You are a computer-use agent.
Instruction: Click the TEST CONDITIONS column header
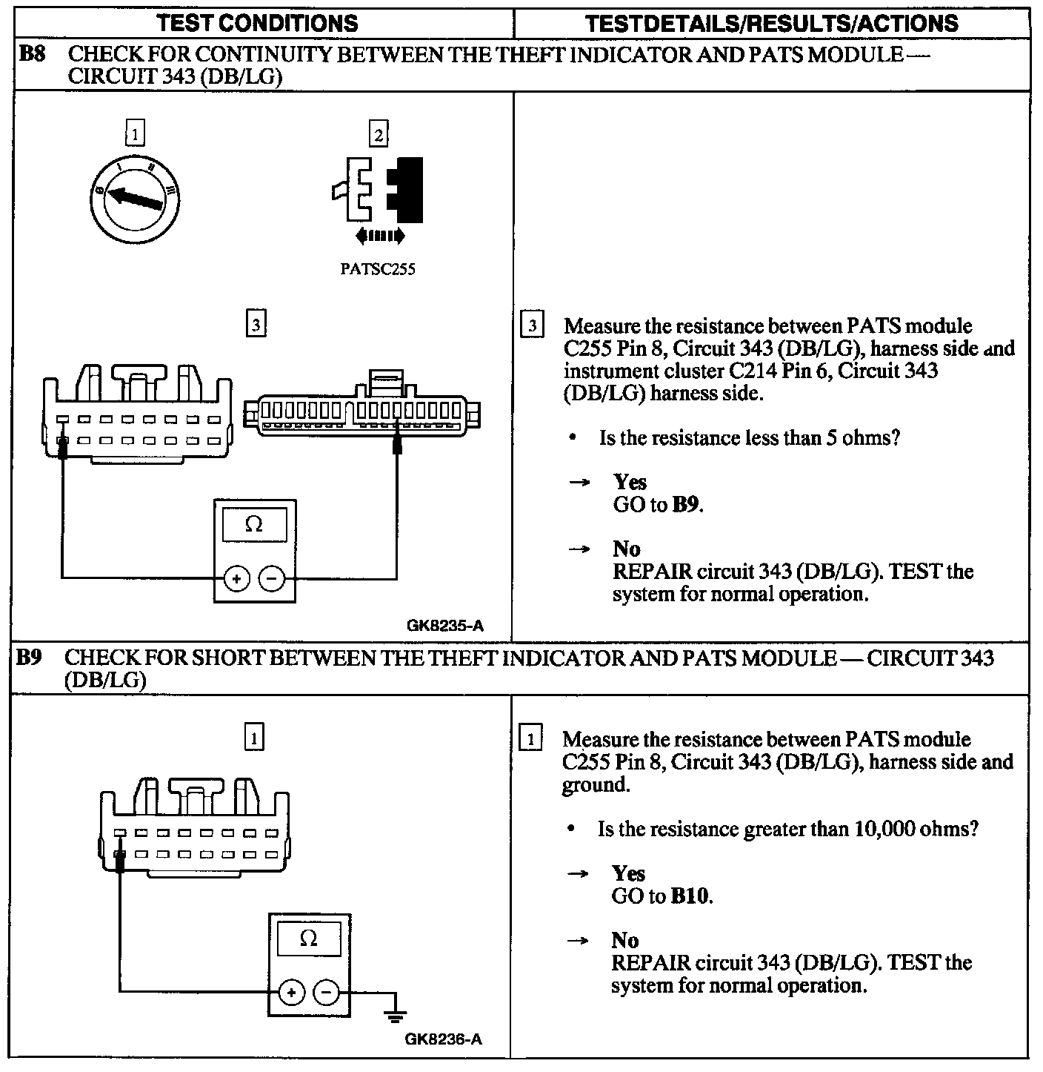pyautogui.click(x=258, y=23)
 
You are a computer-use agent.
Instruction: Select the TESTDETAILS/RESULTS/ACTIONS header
pyautogui.click(x=771, y=23)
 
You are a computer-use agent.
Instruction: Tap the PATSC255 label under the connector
pyautogui.click(x=378, y=269)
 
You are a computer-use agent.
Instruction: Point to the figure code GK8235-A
pyautogui.click(x=444, y=625)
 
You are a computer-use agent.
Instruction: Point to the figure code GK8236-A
pyautogui.click(x=443, y=1039)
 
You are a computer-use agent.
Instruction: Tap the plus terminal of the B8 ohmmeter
pyautogui.click(x=236, y=579)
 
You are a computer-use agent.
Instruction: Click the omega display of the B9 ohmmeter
pyautogui.click(x=309, y=939)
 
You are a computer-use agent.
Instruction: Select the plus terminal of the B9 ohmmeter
pyautogui.click(x=291, y=992)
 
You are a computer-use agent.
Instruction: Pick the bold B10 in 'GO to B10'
pyautogui.click(x=691, y=896)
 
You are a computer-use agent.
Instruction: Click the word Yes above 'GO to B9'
pyautogui.click(x=630, y=482)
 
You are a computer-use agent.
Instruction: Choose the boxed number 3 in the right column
pyautogui.click(x=532, y=325)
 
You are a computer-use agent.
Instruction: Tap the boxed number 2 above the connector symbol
pyautogui.click(x=379, y=135)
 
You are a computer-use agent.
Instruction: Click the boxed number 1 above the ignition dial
pyautogui.click(x=135, y=135)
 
